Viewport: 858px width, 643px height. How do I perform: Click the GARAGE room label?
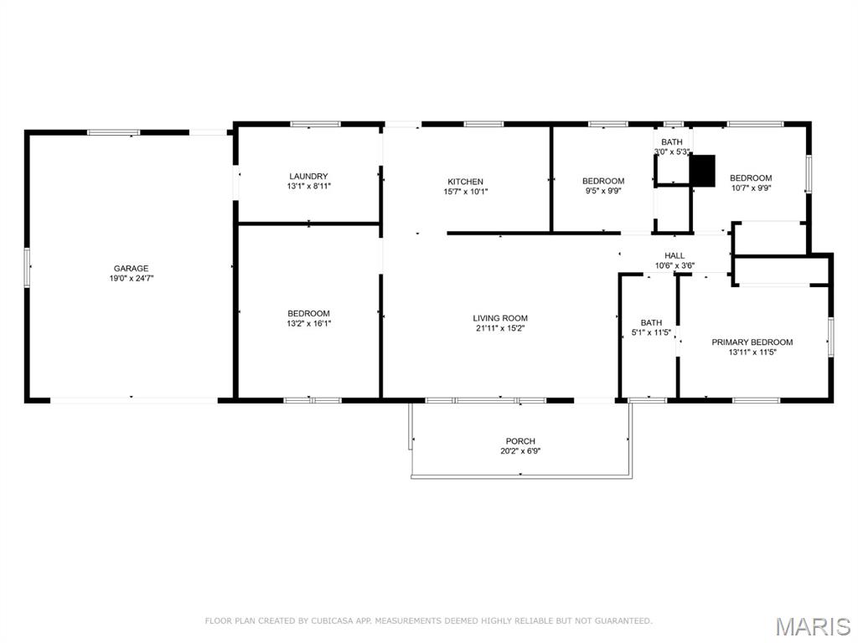[x=131, y=269]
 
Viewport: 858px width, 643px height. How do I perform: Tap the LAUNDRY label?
[x=308, y=176]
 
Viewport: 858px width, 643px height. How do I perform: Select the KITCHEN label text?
[x=465, y=182]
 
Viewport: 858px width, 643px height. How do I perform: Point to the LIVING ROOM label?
[x=500, y=318]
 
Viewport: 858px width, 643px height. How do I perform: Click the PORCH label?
[x=520, y=441]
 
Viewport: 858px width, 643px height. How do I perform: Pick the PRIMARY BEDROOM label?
[x=752, y=342]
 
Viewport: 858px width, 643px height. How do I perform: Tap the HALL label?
[x=675, y=256]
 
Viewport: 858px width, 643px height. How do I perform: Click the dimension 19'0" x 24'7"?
[x=131, y=278]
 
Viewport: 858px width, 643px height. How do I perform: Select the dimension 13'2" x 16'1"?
[x=308, y=324]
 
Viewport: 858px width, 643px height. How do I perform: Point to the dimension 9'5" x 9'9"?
[x=603, y=192]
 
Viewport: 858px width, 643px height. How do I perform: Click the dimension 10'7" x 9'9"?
[x=751, y=188]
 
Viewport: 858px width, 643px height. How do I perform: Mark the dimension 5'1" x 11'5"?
[x=651, y=332]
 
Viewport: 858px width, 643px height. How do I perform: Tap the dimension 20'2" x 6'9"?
[x=520, y=451]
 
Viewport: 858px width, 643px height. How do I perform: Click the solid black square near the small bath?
[x=703, y=171]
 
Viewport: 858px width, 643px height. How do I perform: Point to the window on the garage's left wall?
[x=26, y=267]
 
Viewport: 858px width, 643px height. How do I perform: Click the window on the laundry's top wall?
[x=315, y=124]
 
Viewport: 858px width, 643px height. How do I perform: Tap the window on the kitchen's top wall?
[x=483, y=124]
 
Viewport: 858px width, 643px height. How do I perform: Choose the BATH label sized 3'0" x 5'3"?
[x=672, y=142]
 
